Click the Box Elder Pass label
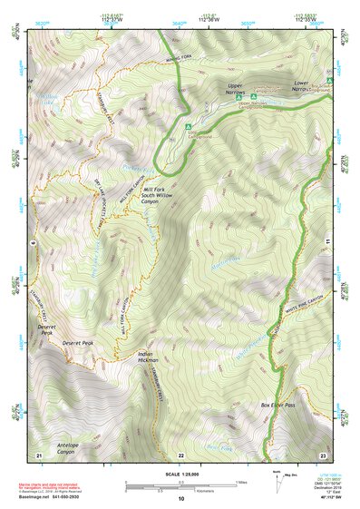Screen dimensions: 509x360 [x=278, y=405]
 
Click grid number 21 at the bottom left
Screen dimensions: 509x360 [x=38, y=454]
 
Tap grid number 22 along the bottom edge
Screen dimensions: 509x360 [x=180, y=454]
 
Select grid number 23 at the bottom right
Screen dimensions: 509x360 [x=322, y=454]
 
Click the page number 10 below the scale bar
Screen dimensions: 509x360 [x=180, y=497]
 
